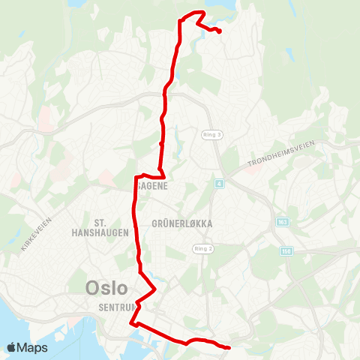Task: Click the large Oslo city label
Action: pos(106,287)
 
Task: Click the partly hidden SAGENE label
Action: pos(152,183)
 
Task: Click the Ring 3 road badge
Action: pos(212,135)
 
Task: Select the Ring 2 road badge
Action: pos(203,249)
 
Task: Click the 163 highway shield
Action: pos(282,222)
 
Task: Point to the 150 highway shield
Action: pos(286,251)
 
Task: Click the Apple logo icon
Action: pos(12,347)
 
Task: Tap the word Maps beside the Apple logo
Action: pos(33,347)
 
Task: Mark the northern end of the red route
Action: pos(218,31)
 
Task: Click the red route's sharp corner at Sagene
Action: pos(136,178)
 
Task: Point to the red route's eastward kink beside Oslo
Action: pos(154,289)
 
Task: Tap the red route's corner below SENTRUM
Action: pos(132,324)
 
